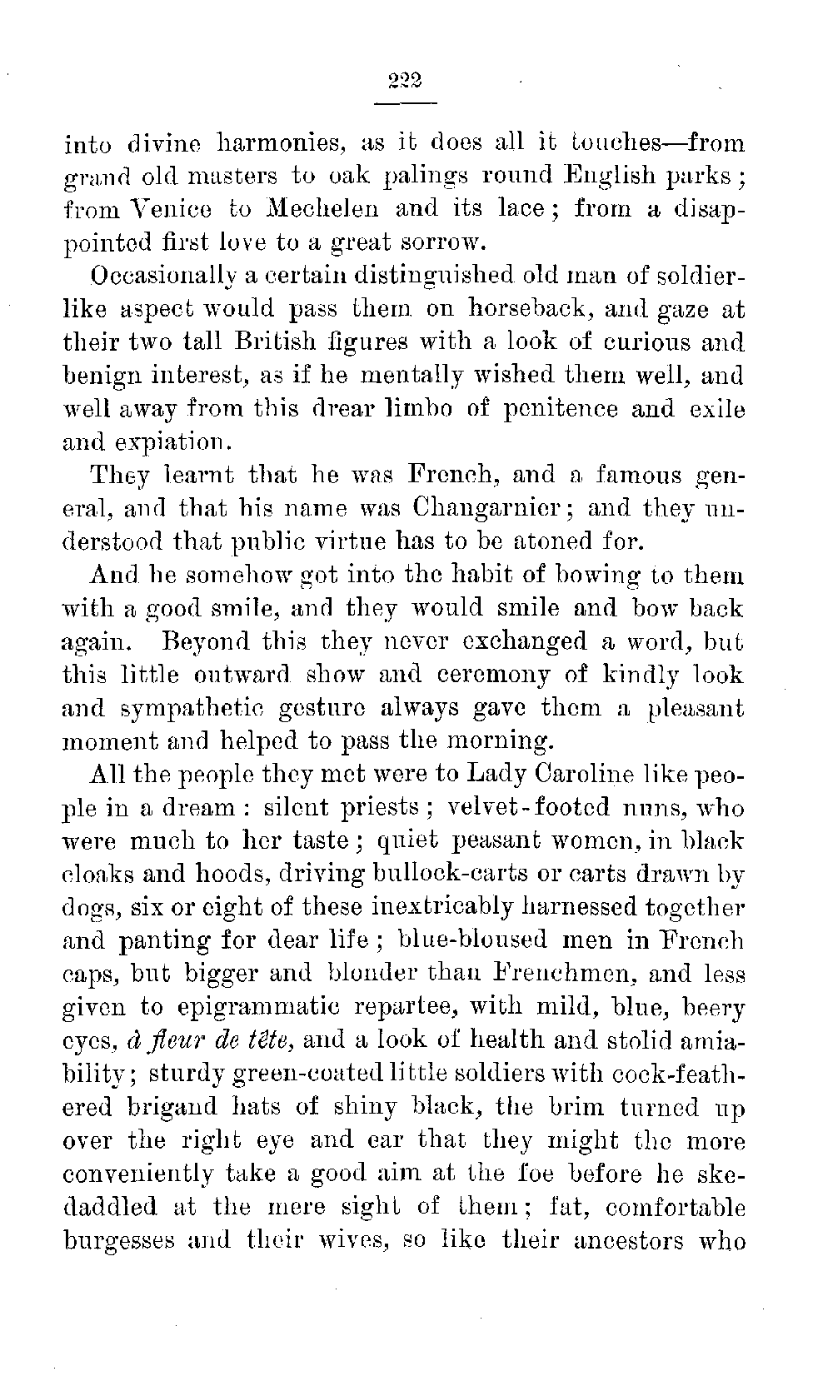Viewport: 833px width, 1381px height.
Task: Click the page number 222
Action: coord(406,81)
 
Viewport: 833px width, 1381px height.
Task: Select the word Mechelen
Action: coord(316,209)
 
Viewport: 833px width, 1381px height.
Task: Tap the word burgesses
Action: coord(123,1241)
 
